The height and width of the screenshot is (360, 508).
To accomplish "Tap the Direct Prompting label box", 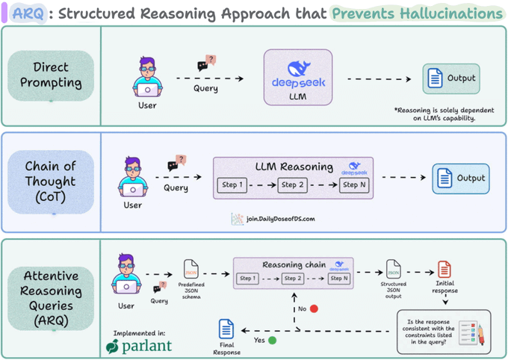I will (x=52, y=75).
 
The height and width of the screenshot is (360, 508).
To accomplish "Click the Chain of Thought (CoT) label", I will (x=50, y=181).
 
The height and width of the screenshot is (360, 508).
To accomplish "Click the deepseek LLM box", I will (x=297, y=78).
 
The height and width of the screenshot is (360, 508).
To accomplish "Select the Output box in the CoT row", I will (x=460, y=179).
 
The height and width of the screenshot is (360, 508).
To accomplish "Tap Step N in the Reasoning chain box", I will (x=338, y=279).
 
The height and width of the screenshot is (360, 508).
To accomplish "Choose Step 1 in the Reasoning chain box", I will (x=248, y=279).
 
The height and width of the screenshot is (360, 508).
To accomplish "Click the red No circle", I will (x=314, y=308).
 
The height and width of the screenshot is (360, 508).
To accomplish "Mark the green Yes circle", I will (x=272, y=340).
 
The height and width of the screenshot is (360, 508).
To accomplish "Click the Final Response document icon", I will (x=226, y=329).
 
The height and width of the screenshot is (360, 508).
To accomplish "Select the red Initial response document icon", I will (x=444, y=270).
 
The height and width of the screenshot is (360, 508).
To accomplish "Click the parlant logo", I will (x=139, y=346).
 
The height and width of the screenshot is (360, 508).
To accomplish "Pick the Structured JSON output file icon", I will (x=393, y=269).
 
